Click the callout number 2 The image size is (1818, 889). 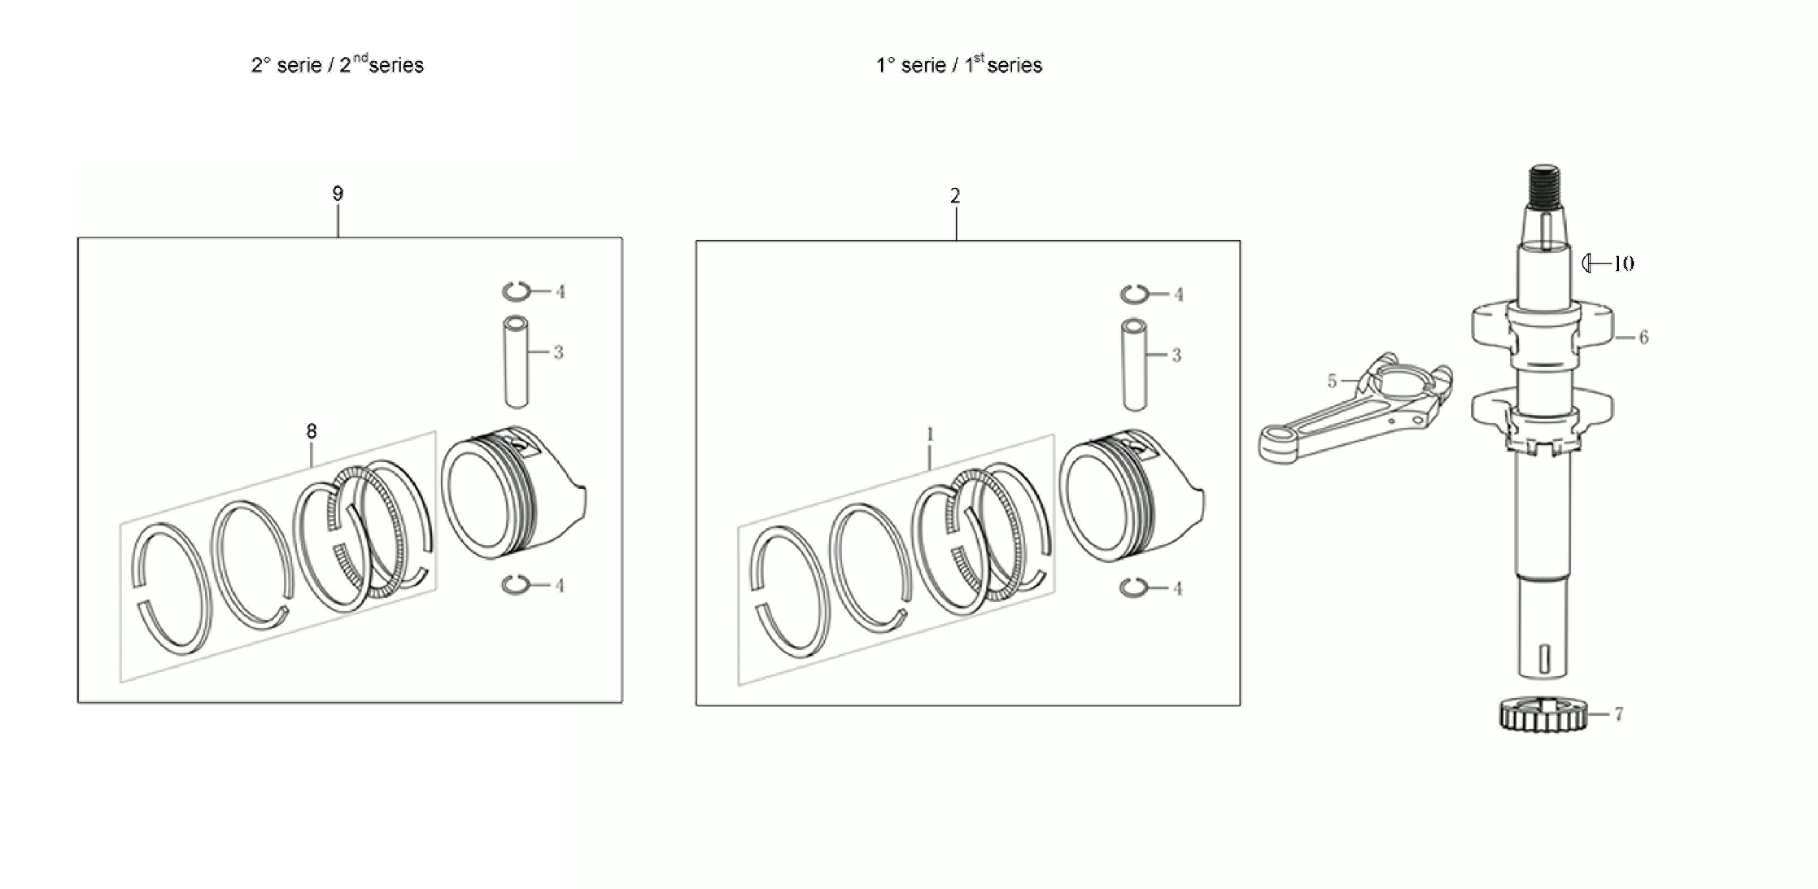pyautogui.click(x=955, y=196)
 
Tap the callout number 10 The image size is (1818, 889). pyautogui.click(x=1623, y=264)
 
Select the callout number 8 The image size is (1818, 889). pyautogui.click(x=311, y=431)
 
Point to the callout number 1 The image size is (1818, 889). pyautogui.click(x=930, y=434)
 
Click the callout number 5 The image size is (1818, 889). pyautogui.click(x=1332, y=381)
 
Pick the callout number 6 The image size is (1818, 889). pyautogui.click(x=1643, y=337)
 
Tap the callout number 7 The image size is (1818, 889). pyautogui.click(x=1618, y=714)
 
